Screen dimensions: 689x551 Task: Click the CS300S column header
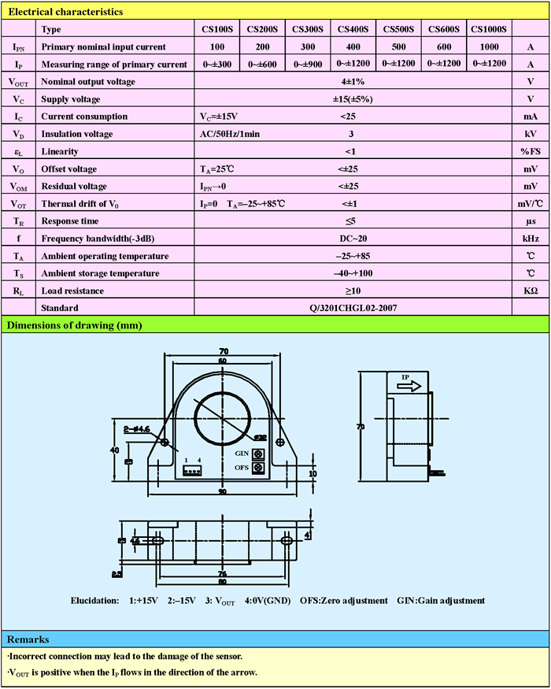tap(308, 29)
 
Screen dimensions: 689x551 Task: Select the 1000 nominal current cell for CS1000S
tap(489, 46)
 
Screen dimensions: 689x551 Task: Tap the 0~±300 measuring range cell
tap(216, 64)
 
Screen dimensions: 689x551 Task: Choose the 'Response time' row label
tap(70, 221)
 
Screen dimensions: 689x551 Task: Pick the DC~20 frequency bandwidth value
tap(351, 239)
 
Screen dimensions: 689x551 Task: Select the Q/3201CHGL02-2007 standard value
tap(351, 308)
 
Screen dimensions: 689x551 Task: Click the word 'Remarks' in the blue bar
tap(28, 639)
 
